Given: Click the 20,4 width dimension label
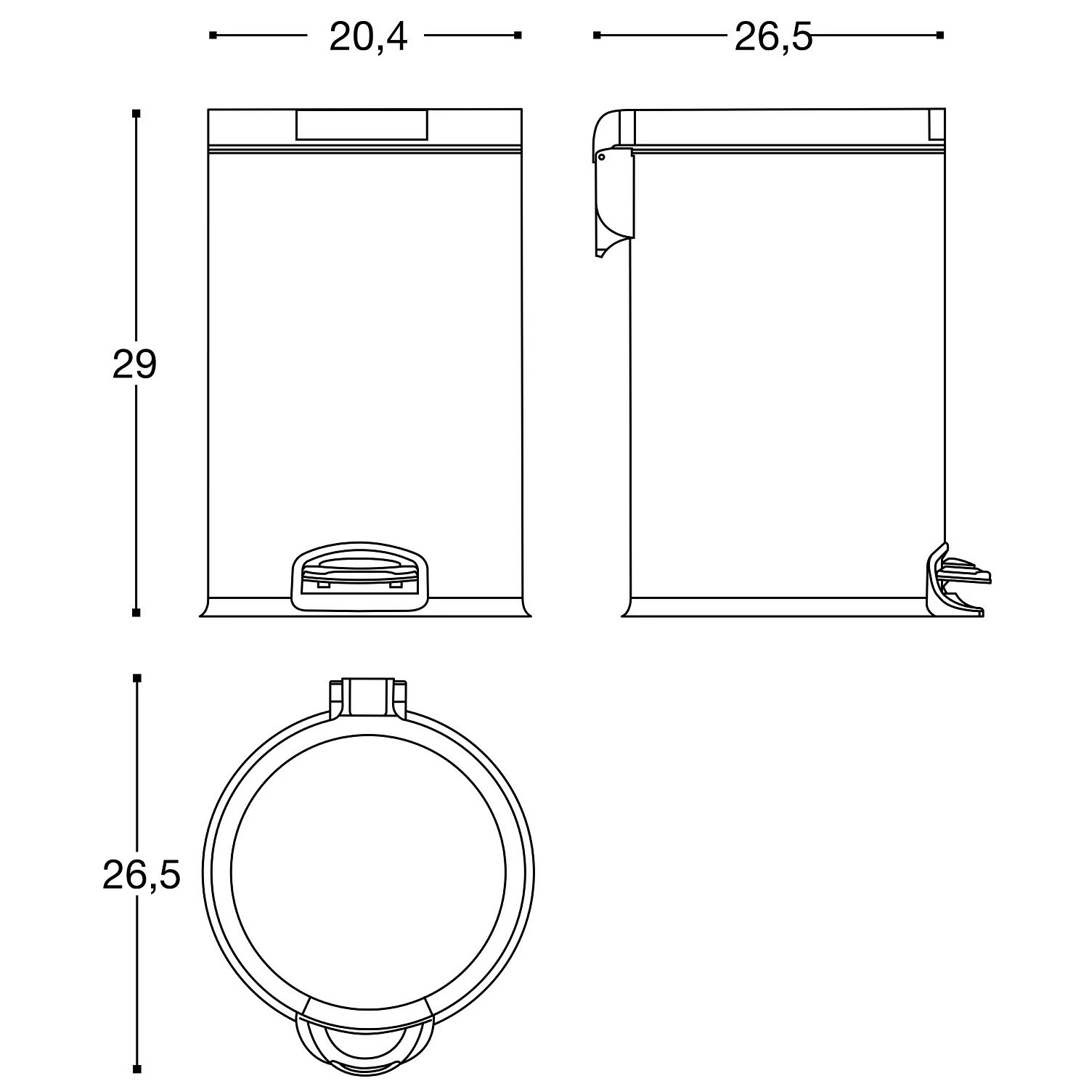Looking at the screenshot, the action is tap(368, 37).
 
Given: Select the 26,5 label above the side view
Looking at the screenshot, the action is tap(773, 37).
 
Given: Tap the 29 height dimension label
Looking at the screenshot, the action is tap(134, 364).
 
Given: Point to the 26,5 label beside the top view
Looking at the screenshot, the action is tap(141, 876).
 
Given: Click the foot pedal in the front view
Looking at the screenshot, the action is tap(359, 575).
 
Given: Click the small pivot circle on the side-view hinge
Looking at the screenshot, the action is tap(601, 156).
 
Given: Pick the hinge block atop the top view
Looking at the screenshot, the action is tap(368, 698).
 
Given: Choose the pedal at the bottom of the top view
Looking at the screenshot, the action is tap(364, 1042).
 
